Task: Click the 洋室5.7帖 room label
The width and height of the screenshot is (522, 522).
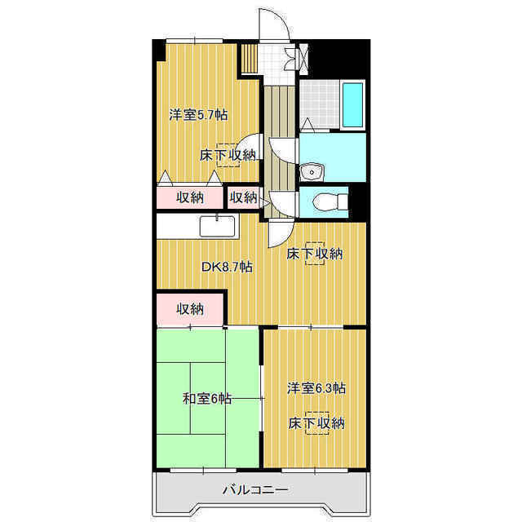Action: coord(198,115)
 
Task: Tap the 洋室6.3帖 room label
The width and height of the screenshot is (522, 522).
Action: coord(316,388)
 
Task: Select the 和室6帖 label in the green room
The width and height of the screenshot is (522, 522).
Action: coord(206,398)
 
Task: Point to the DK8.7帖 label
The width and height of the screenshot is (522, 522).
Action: coord(228,267)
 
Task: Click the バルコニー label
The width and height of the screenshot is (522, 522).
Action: coord(255,489)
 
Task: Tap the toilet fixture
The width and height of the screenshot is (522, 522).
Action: coord(330,201)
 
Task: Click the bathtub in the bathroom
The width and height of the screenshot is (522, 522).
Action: coord(352,105)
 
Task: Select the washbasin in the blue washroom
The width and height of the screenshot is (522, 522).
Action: coord(312,172)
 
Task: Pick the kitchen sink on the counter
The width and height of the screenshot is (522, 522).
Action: coord(217,226)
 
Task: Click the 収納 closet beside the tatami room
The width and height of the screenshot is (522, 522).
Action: coord(190,308)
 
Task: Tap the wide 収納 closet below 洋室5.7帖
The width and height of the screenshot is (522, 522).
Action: coord(189,197)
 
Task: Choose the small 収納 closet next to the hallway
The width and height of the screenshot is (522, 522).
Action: coord(244,197)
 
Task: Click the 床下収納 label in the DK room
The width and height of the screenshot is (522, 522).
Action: coord(315,254)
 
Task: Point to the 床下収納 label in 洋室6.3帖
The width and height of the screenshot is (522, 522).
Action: coord(316,423)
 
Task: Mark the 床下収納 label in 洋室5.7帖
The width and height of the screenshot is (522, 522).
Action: coord(228,155)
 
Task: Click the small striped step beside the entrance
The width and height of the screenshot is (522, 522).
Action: coord(249,58)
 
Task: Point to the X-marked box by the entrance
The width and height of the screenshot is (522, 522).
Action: coord(303,59)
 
